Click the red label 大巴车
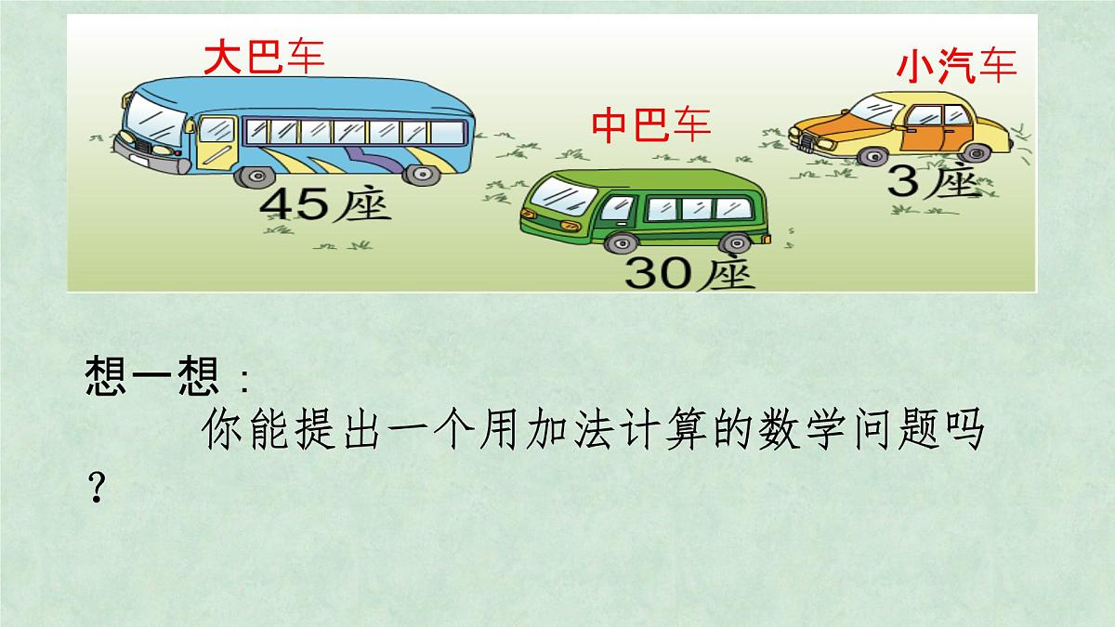(264, 57)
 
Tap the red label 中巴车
(651, 124)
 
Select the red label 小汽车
(956, 67)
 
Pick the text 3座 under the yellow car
(934, 182)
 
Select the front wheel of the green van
(617, 242)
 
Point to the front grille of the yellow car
(805, 141)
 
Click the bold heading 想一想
(151, 377)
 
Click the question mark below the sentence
(93, 486)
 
